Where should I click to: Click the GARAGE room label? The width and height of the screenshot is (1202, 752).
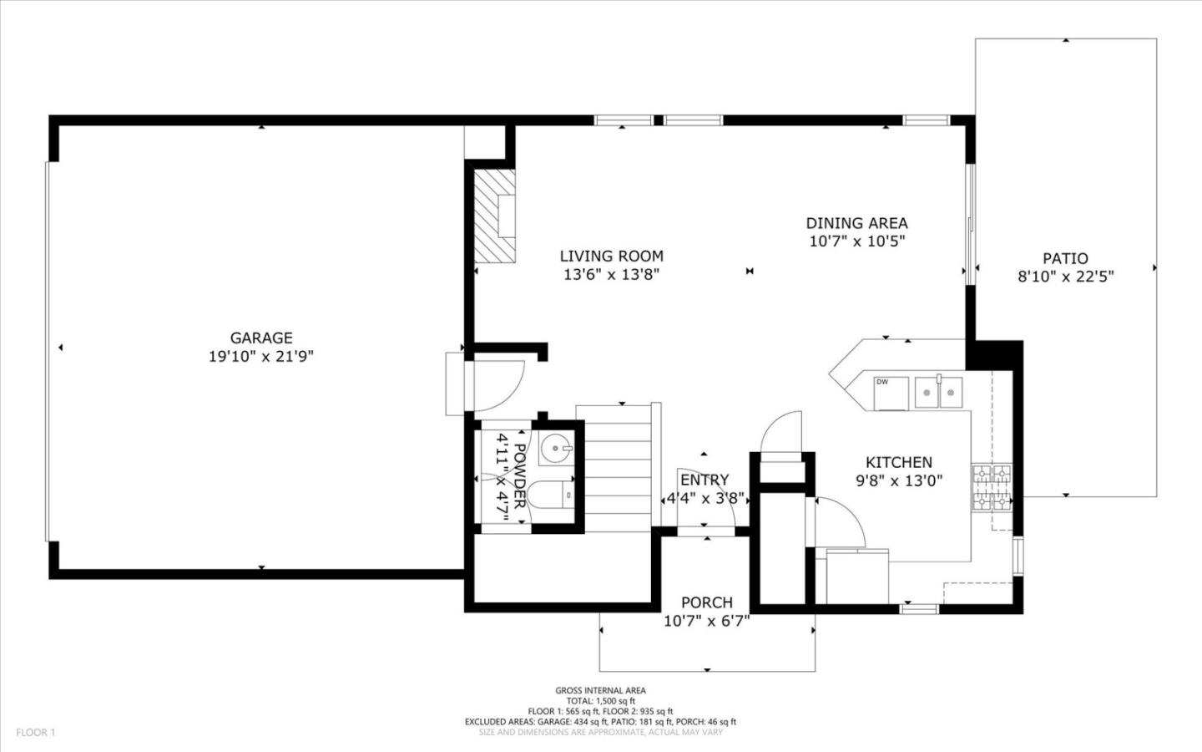(261, 338)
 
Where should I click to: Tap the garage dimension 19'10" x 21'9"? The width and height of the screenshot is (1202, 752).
(261, 357)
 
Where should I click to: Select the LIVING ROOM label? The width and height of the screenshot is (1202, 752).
(611, 257)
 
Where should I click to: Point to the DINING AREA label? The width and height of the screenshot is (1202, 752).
(856, 223)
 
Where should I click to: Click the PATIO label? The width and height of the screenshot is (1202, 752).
(1065, 258)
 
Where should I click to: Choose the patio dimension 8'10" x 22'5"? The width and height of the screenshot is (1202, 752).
(1065, 277)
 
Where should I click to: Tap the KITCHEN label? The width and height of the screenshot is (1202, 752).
(898, 462)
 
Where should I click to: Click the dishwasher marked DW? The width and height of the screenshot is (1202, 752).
(891, 393)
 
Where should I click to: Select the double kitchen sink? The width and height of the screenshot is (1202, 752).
(938, 392)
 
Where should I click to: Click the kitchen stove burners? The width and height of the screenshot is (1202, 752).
(992, 487)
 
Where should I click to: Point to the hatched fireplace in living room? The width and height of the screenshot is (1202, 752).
(496, 216)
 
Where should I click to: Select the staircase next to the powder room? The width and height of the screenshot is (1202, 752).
(617, 468)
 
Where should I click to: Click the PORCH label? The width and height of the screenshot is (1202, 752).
(706, 602)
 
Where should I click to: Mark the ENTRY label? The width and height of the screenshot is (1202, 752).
(704, 480)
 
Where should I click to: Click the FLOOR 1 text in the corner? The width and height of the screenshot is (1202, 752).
(35, 733)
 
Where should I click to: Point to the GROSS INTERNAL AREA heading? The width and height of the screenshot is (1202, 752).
(600, 690)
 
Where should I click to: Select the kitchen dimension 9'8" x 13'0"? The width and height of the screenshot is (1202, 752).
(898, 480)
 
